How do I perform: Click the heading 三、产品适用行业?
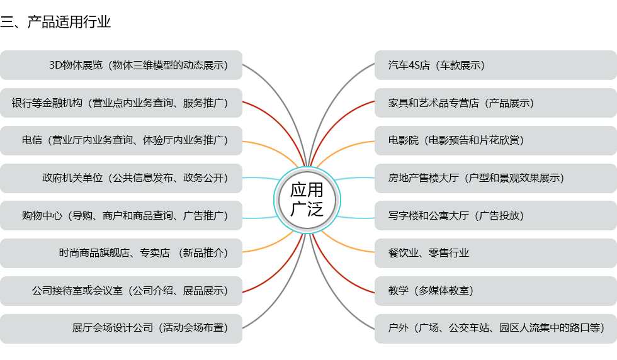click(x=56, y=22)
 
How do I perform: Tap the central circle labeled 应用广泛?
click(x=307, y=199)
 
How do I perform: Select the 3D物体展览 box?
click(x=121, y=65)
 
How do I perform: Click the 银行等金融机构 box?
click(x=121, y=103)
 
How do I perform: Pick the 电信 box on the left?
click(x=121, y=140)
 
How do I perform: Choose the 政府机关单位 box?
click(x=121, y=178)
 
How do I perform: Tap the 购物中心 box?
click(x=121, y=216)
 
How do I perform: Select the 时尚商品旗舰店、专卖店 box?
click(x=121, y=254)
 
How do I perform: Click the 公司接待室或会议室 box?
click(x=121, y=291)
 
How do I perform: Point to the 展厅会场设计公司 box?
click(x=121, y=329)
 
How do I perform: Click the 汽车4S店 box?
click(x=495, y=65)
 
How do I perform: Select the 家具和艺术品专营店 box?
click(x=495, y=103)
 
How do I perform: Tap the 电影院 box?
click(x=495, y=140)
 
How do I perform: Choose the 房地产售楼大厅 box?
click(x=495, y=178)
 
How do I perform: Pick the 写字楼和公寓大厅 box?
click(x=495, y=216)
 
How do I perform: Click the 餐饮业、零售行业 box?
click(x=495, y=254)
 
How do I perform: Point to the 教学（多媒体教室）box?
click(x=495, y=291)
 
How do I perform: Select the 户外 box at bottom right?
click(x=495, y=329)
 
